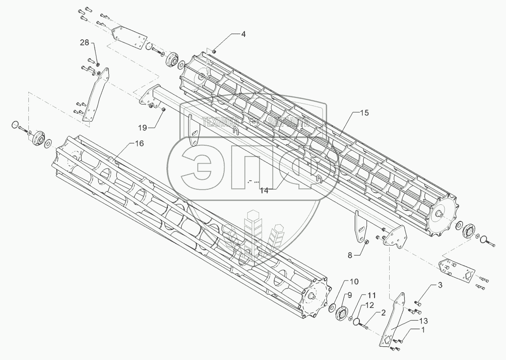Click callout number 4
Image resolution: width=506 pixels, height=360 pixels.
(244, 34)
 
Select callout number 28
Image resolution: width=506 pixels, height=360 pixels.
(84, 43)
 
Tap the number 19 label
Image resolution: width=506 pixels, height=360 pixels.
(142, 127)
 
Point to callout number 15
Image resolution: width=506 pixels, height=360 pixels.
(364, 113)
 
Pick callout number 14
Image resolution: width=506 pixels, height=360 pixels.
(264, 191)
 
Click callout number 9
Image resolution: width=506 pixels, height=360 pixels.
(349, 295)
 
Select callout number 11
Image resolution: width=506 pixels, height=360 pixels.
(372, 295)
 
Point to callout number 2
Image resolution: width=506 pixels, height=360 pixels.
(383, 312)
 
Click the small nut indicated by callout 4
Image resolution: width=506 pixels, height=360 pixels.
(214, 51)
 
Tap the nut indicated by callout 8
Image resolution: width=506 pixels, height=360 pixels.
(366, 243)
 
